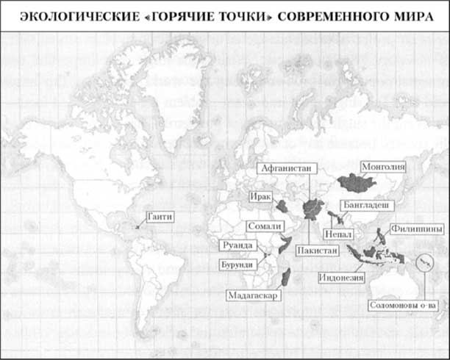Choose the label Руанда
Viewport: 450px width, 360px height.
(238, 245)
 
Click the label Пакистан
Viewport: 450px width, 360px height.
(317, 251)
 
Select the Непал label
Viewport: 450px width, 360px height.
(339, 234)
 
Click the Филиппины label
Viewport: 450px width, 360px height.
(417, 229)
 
